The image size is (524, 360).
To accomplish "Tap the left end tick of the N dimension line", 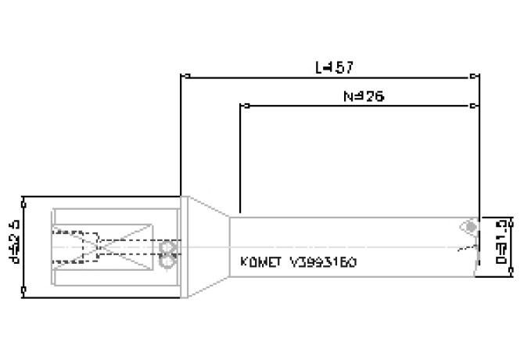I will coord(241,105).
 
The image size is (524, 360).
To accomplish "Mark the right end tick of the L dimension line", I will coord(476,77).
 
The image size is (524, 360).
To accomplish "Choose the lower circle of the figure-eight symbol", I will coord(166,264).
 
